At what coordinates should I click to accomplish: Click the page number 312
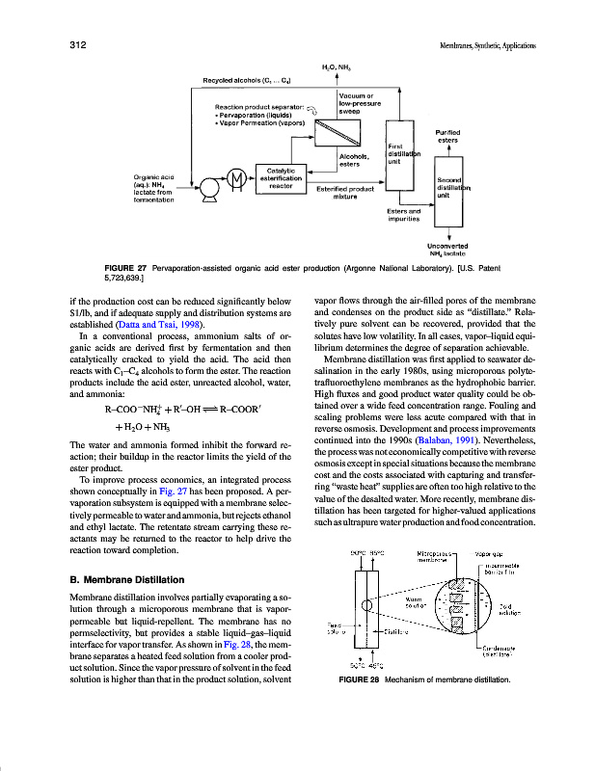click(x=78, y=44)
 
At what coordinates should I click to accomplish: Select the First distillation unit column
click(x=398, y=153)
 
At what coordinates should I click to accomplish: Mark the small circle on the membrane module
click(x=366, y=606)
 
